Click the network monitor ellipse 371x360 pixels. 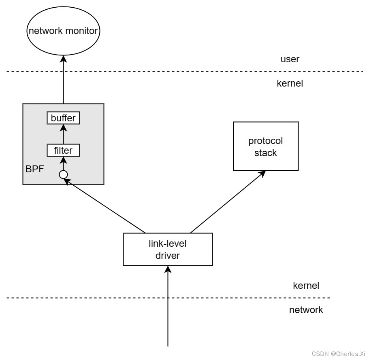click(x=63, y=31)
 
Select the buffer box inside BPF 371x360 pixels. click(x=63, y=118)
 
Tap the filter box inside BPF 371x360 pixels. click(x=63, y=150)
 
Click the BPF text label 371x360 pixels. click(x=34, y=169)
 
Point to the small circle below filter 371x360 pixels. click(x=63, y=175)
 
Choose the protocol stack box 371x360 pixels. click(x=266, y=146)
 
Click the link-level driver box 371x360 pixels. click(x=168, y=250)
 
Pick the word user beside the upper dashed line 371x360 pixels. click(x=290, y=59)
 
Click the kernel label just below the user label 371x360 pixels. click(x=290, y=84)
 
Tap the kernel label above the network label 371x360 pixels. click(x=306, y=286)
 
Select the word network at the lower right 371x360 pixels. click(x=306, y=310)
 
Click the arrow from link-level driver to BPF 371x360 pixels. click(x=105, y=207)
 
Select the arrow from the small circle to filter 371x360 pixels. click(x=63, y=164)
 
